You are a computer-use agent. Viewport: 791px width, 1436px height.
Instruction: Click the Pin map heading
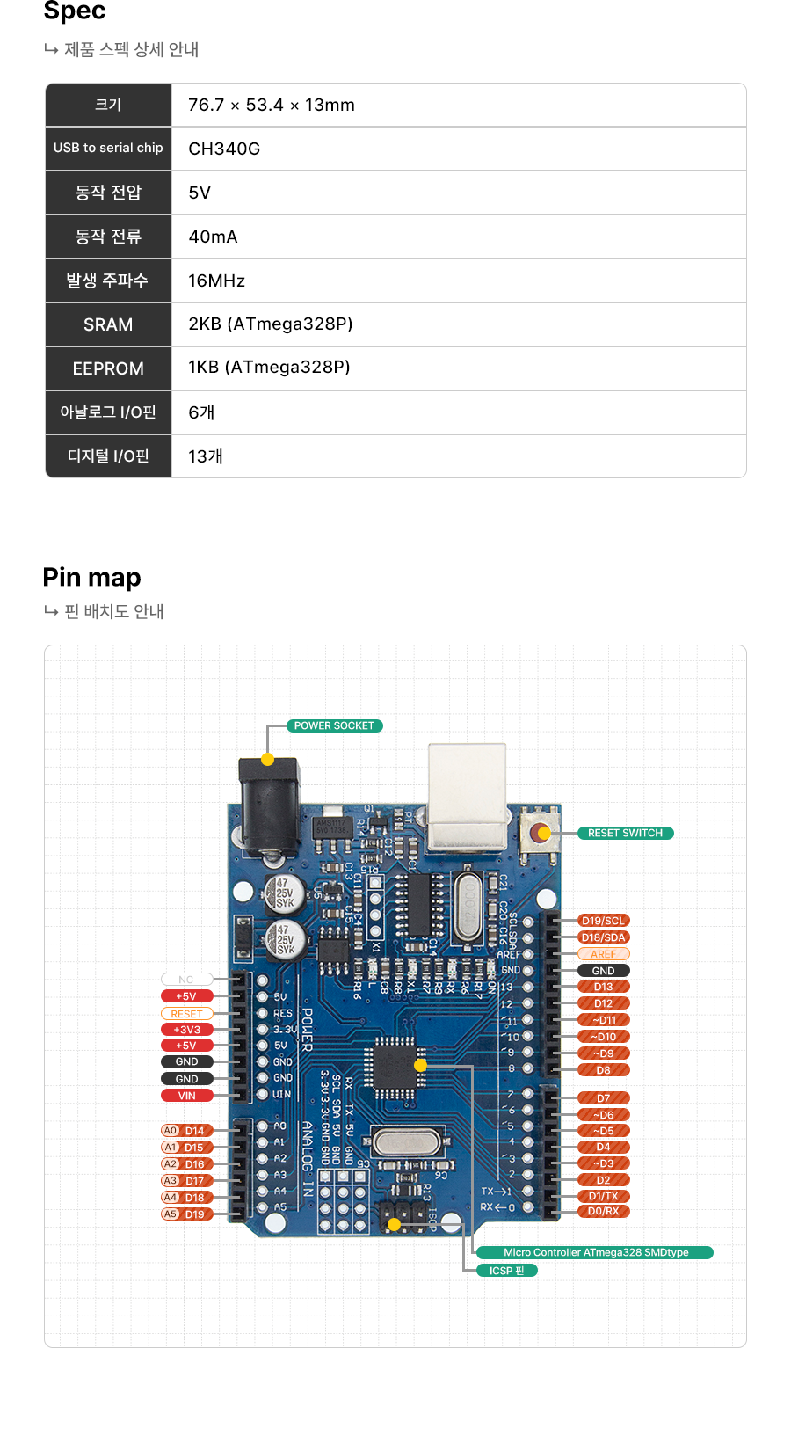point(91,577)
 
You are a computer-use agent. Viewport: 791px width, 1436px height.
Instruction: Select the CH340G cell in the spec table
point(224,149)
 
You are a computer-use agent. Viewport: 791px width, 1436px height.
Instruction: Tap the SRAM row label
point(108,324)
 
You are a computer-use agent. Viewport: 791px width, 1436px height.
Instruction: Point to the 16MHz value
point(216,281)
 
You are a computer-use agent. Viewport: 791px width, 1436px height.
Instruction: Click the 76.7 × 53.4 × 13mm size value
point(271,105)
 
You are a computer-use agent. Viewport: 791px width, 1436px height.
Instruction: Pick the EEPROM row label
point(108,368)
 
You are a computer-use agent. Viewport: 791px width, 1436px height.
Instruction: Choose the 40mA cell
point(213,237)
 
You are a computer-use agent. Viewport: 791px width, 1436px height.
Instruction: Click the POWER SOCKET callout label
point(334,725)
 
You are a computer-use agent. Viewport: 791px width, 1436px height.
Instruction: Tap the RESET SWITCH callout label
point(625,833)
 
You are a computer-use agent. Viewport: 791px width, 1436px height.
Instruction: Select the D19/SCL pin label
point(603,921)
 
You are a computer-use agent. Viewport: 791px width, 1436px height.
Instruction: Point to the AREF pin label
point(603,954)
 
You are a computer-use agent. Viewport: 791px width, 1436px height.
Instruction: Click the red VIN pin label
point(187,1096)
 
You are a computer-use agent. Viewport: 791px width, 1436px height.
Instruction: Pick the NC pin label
point(186,980)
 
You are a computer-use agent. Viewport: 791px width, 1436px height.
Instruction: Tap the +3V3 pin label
point(187,1030)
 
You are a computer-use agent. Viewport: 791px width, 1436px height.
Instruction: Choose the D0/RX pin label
point(603,1211)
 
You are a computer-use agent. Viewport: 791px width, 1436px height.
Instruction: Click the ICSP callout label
point(506,1271)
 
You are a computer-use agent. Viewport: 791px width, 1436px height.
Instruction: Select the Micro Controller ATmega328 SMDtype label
point(595,1252)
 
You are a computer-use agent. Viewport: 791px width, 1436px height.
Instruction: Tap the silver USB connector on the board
point(467,796)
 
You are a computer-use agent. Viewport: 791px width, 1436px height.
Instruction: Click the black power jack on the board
point(270,807)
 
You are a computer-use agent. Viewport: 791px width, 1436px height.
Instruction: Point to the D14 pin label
point(194,1131)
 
